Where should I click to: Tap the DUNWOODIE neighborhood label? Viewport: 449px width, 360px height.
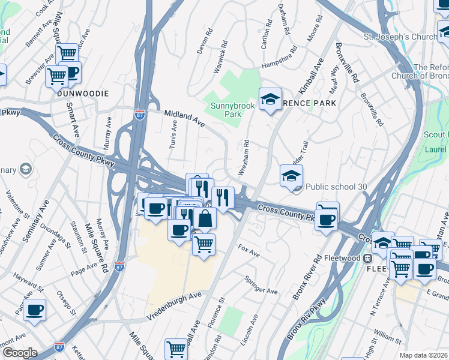click(83, 94)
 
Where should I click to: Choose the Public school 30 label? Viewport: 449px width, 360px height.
click(336, 187)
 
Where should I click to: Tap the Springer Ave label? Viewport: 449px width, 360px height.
click(261, 284)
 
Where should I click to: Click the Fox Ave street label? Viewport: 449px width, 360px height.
click(249, 251)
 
